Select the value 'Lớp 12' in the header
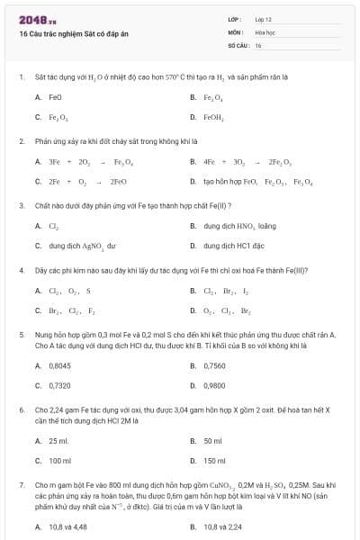point(264,19)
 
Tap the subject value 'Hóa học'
point(265,31)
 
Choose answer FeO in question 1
point(55,96)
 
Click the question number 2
point(21,141)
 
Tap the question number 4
point(21,270)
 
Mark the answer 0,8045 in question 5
point(59,365)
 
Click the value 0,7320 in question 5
point(59,385)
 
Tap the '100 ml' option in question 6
point(59,461)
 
